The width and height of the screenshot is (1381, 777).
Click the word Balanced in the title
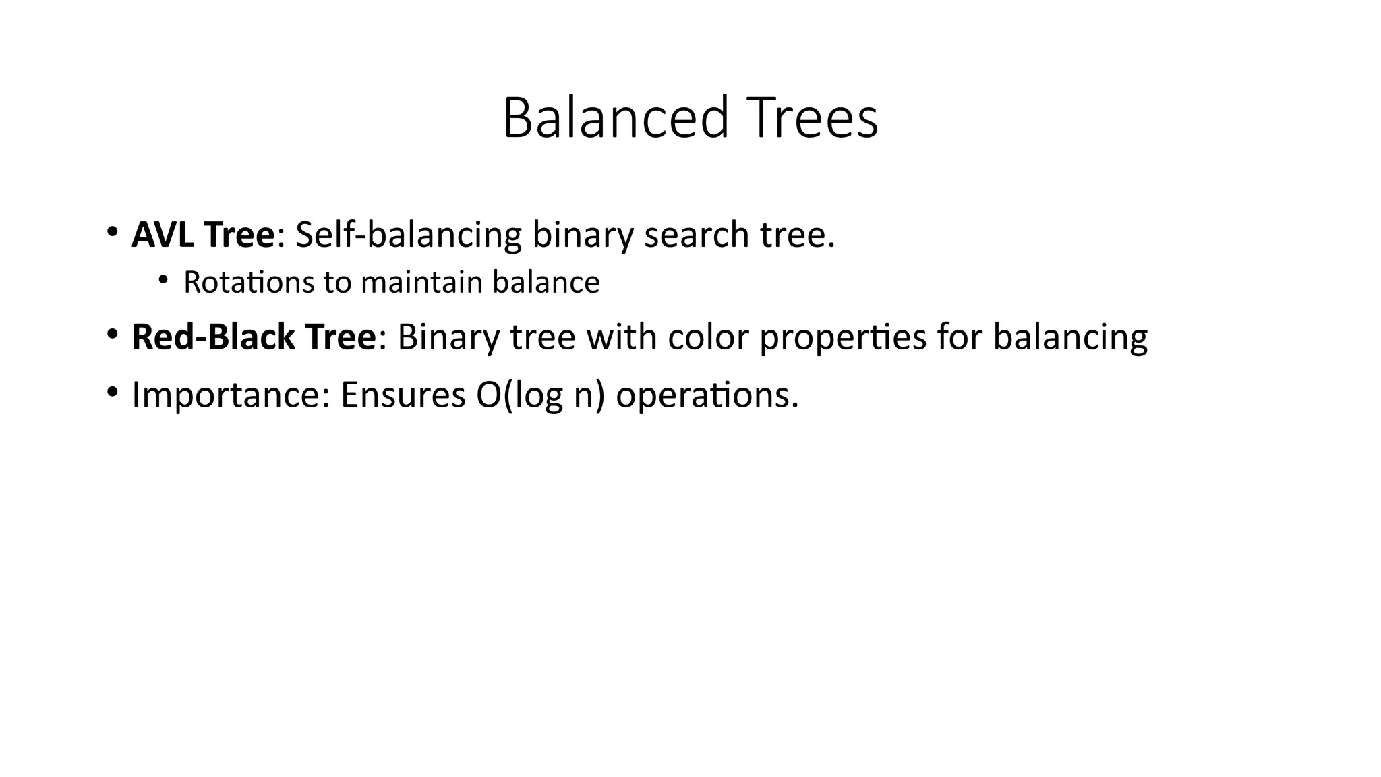[x=615, y=119]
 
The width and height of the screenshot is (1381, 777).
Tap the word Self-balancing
[x=409, y=235]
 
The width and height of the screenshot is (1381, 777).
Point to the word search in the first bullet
[x=697, y=235]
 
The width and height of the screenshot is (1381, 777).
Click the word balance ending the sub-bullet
[x=546, y=282]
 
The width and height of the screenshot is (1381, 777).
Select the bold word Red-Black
[x=213, y=337]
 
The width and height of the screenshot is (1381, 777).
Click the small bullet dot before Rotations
[x=163, y=280]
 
